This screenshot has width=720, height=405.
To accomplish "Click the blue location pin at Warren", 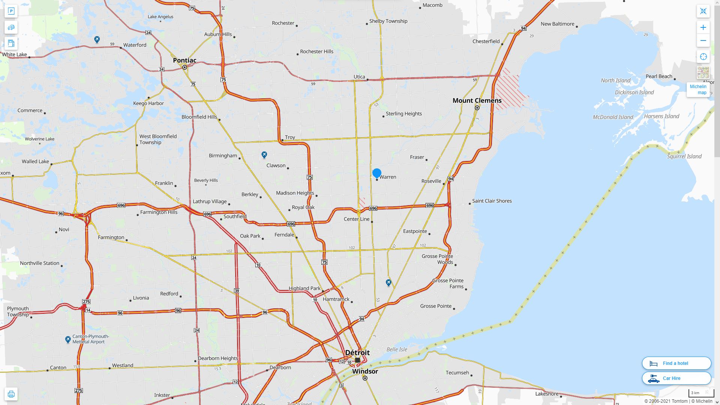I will click(x=377, y=173).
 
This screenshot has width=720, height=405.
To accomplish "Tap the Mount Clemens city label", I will click(x=477, y=100).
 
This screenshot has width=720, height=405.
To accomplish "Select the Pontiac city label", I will click(x=184, y=60).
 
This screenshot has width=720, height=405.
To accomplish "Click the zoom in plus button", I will click(x=703, y=27).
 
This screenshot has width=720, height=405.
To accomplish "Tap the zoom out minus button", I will click(x=703, y=40).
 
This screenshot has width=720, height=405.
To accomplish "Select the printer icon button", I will click(x=11, y=394).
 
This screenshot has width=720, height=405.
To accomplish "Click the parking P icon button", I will click(x=11, y=11).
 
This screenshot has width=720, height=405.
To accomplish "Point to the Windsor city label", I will click(x=365, y=371).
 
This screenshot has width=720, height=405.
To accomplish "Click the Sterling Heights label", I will click(x=403, y=114).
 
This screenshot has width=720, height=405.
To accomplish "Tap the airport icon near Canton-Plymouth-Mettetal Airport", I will click(x=68, y=340).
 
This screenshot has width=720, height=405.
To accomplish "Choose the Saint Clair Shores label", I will click(x=492, y=201).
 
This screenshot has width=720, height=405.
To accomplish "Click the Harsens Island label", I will click(x=661, y=116).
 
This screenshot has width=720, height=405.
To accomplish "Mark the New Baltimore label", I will click(x=557, y=24).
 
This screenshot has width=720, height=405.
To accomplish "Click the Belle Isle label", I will click(x=397, y=349).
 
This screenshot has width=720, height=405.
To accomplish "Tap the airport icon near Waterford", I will click(x=97, y=39).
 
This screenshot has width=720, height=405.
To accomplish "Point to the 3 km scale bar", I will click(x=700, y=393).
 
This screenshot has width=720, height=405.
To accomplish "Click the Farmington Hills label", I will click(x=159, y=212).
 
